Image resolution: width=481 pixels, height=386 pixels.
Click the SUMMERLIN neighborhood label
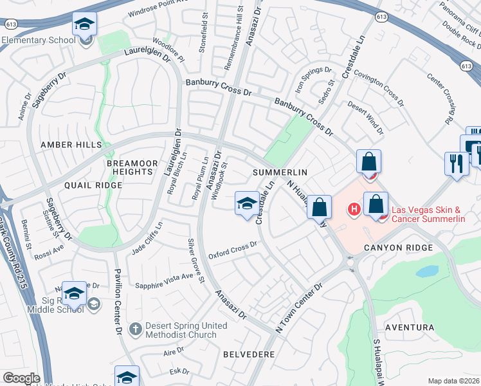coord(280,172)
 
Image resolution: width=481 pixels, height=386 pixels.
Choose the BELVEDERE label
coord(248,354)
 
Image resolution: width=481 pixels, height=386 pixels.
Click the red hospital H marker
coord(353,209)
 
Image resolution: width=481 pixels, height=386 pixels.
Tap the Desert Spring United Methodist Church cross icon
coord(135,329)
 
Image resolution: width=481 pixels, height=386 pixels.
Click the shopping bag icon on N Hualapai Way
coord(319,207)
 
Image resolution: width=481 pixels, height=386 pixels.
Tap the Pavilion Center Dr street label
coord(118,302)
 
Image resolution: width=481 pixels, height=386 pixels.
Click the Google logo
coord(22,378)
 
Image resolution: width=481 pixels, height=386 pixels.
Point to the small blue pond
coord(426,271)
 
